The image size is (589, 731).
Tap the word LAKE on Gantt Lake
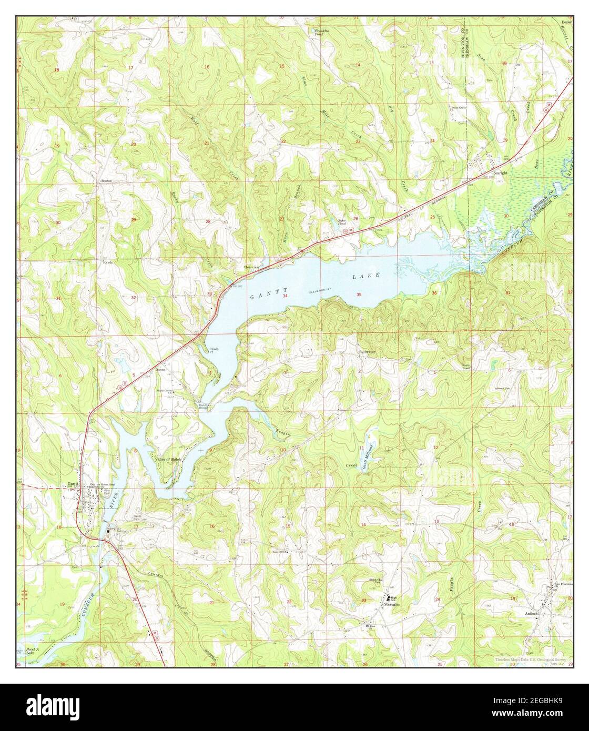[373, 275]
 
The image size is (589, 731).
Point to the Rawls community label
[108, 261]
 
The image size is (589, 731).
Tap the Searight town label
[500, 172]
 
